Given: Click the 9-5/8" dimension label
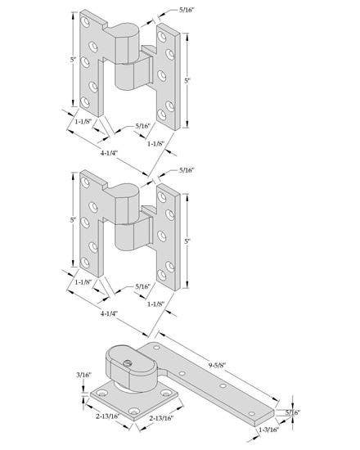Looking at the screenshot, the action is pyautogui.click(x=217, y=365).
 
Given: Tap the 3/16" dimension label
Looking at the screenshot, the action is pyautogui.click(x=83, y=375).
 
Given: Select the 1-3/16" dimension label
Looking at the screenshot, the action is pyautogui.click(x=269, y=430).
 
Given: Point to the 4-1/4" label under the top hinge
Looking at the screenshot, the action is pyautogui.click(x=109, y=153).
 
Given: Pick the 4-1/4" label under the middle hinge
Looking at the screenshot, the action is pyautogui.click(x=109, y=313).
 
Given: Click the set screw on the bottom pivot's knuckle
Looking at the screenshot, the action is pyautogui.click(x=126, y=363).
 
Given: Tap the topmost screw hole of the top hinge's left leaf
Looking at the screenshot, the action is pyautogui.click(x=85, y=22).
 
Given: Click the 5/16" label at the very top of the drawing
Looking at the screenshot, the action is pyautogui.click(x=187, y=10).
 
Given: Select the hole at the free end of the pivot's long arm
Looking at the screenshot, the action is pyautogui.click(x=251, y=413).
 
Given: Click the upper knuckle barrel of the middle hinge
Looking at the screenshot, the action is pyautogui.click(x=126, y=204).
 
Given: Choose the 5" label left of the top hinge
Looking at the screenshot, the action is pyautogui.click(x=74, y=61).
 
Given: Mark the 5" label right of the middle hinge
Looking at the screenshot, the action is pyautogui.click(x=187, y=241).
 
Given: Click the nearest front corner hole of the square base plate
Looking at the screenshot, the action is pyautogui.click(x=134, y=412).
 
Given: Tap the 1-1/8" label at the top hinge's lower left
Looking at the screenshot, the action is pyautogui.click(x=83, y=121).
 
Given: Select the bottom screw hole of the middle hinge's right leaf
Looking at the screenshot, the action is pyautogui.click(x=162, y=276).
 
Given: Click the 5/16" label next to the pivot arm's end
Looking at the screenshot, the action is pyautogui.click(x=292, y=412).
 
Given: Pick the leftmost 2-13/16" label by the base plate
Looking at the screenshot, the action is pyautogui.click(x=107, y=416).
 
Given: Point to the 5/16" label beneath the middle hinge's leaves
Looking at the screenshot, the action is pyautogui.click(x=142, y=286).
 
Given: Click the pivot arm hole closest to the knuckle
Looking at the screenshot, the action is pyautogui.click(x=157, y=348).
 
